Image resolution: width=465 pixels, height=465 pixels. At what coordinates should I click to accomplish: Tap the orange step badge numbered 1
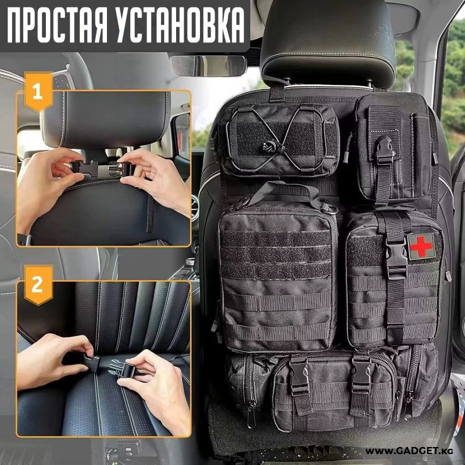(x=38, y=91)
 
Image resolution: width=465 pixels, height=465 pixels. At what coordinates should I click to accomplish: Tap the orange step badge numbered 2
(x=38, y=285)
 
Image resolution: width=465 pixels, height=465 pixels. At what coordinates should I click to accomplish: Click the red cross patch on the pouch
(x=421, y=246)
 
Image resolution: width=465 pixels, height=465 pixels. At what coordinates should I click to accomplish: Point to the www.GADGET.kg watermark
(x=409, y=452)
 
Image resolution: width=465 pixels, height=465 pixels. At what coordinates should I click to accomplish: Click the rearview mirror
(x=208, y=66)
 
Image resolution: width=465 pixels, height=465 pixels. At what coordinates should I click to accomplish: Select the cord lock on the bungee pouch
(x=269, y=146)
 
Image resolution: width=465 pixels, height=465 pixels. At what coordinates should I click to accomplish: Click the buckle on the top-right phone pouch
(x=385, y=151)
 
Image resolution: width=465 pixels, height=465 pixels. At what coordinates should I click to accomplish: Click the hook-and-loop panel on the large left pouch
(x=277, y=255)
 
